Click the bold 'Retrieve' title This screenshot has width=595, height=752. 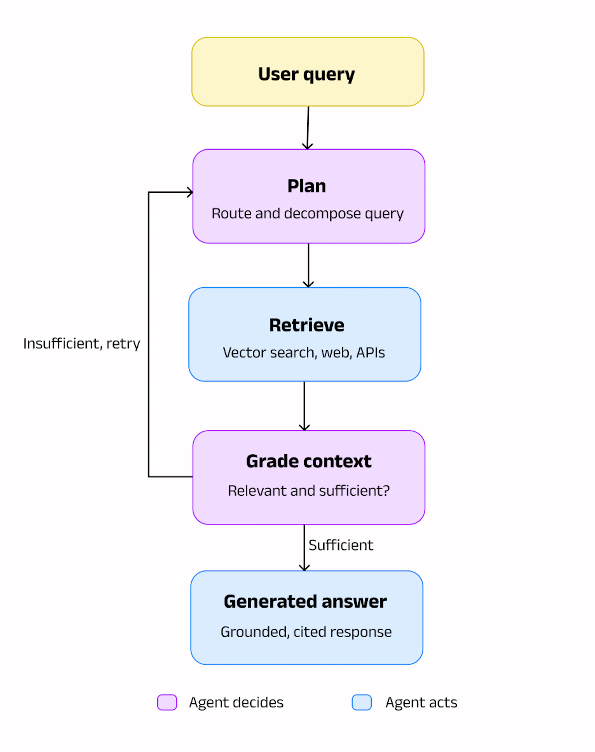point(306,325)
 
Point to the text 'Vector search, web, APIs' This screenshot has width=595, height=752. point(304,353)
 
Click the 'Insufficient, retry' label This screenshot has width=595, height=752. point(82,344)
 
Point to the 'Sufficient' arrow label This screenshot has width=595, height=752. point(341,545)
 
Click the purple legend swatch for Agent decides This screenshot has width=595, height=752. point(167,702)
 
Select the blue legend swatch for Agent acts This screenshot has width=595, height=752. point(362,702)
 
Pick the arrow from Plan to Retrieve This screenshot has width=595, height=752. point(308,265)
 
